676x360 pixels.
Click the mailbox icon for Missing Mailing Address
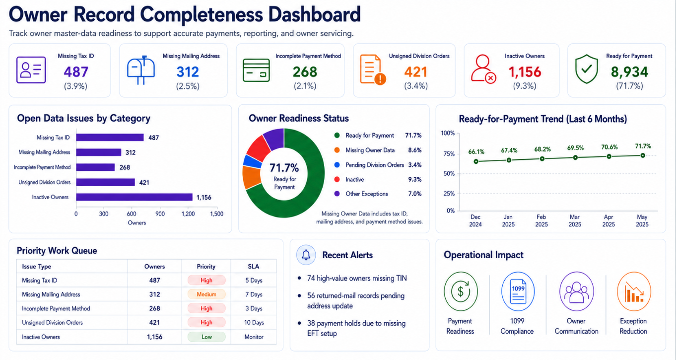(x=141, y=70)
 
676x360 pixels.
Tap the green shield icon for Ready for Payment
(x=586, y=69)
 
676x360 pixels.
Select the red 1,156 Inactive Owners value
(x=525, y=72)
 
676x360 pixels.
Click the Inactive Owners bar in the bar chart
(x=135, y=197)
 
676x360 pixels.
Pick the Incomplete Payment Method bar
(x=95, y=167)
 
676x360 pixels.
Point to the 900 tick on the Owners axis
(x=160, y=214)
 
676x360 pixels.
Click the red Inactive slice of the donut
(x=258, y=147)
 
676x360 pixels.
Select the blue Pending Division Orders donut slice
(x=252, y=161)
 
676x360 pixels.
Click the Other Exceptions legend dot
(x=337, y=194)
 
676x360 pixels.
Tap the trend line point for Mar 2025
(x=576, y=157)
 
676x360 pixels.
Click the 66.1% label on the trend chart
(x=476, y=151)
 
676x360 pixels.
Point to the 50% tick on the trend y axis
(x=449, y=174)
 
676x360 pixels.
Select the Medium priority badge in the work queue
(x=206, y=294)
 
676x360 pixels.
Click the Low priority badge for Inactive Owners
(x=206, y=337)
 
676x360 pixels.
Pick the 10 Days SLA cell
(x=254, y=323)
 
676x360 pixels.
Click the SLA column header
(x=254, y=266)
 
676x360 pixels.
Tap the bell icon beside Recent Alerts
(x=306, y=255)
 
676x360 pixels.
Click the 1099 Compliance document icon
(x=518, y=291)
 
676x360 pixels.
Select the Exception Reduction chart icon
(x=634, y=291)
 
